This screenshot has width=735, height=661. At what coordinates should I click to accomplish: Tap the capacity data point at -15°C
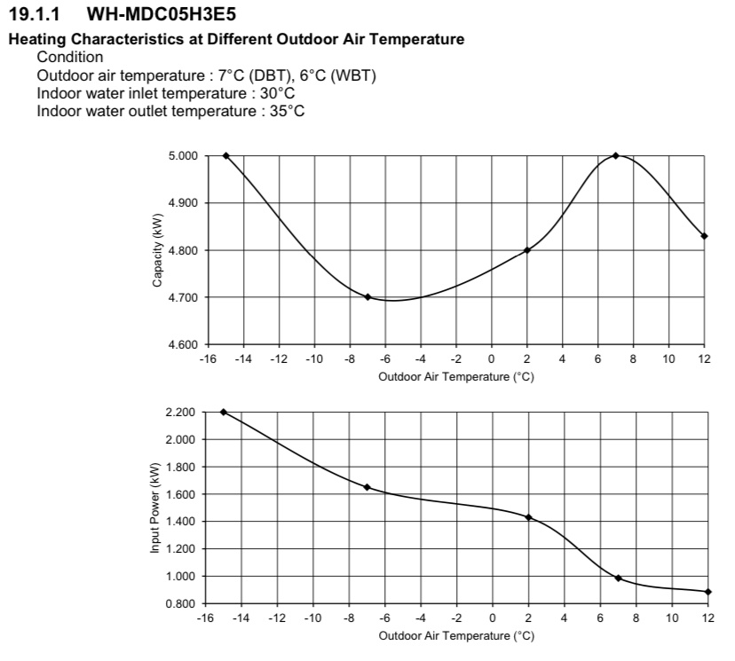(225, 155)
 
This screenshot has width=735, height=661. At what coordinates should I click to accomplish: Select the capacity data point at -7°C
(367, 296)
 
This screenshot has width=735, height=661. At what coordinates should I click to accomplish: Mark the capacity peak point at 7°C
(615, 155)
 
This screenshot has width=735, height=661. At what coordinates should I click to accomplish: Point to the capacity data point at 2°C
(527, 250)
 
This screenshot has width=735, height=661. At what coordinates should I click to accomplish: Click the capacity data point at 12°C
(704, 236)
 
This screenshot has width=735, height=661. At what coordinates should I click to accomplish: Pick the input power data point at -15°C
(224, 412)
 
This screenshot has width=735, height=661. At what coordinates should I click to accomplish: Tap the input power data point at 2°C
(528, 517)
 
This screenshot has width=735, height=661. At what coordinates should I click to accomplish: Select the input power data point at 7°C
(618, 578)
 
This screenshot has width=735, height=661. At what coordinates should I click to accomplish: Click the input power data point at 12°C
(707, 592)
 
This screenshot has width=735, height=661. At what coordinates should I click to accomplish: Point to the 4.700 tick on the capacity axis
(182, 297)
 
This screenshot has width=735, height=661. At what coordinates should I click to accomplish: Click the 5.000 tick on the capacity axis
(182, 156)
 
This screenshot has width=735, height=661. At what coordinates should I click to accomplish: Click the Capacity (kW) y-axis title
(156, 249)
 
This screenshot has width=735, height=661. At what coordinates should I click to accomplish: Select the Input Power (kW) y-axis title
(154, 508)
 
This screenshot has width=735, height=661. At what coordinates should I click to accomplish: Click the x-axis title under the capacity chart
(455, 376)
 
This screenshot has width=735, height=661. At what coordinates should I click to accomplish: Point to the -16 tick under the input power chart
(205, 618)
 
